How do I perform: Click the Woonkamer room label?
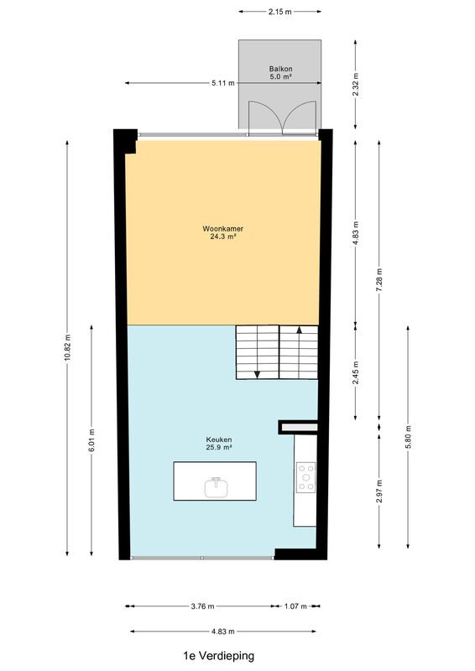222,228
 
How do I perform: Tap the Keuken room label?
219,440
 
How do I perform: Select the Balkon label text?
280,69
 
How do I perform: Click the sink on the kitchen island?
216,487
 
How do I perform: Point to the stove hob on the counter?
306,477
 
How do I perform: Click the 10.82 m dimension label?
67,347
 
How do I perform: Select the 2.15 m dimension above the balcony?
279,12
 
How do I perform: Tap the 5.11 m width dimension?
223,83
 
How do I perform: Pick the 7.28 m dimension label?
378,280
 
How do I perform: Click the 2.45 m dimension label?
356,373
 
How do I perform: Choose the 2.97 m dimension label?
379,492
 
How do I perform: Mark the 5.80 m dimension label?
408,437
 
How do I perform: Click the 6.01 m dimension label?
91,441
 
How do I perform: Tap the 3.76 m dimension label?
202,606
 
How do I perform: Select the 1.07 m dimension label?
295,606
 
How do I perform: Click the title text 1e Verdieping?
218,656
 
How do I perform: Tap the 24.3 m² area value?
223,236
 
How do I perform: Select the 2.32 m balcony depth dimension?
356,85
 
